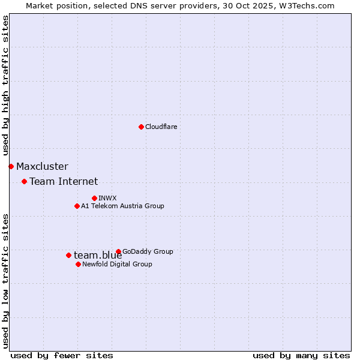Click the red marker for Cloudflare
141,127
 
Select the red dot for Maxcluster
11,166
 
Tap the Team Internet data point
24,181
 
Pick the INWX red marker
94,198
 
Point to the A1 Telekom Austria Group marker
77,206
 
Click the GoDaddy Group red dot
118,251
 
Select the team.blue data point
68,255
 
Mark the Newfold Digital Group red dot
78,264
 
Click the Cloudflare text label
161,127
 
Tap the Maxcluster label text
42,166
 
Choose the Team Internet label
64,181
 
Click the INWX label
107,198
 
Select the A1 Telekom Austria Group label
122,206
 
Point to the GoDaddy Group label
148,251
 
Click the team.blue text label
98,255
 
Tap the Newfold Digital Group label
117,264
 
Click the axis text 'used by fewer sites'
62,355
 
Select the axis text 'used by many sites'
301,355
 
